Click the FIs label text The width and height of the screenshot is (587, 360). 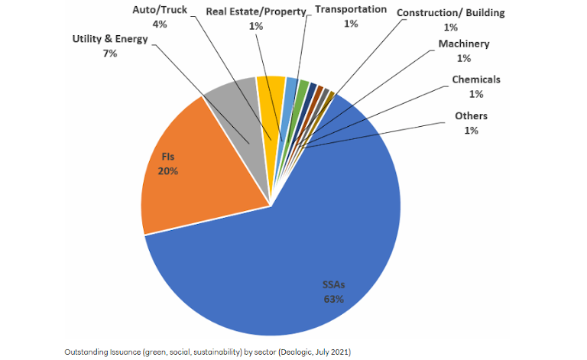(x=168, y=157)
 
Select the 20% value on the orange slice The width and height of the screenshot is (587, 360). (x=168, y=170)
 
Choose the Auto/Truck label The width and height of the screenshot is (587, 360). (x=160, y=11)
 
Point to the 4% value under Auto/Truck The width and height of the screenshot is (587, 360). (x=160, y=24)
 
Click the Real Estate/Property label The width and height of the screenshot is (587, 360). (x=256, y=12)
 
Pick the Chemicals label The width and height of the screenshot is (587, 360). (x=476, y=79)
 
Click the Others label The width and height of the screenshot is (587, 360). (x=471, y=116)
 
